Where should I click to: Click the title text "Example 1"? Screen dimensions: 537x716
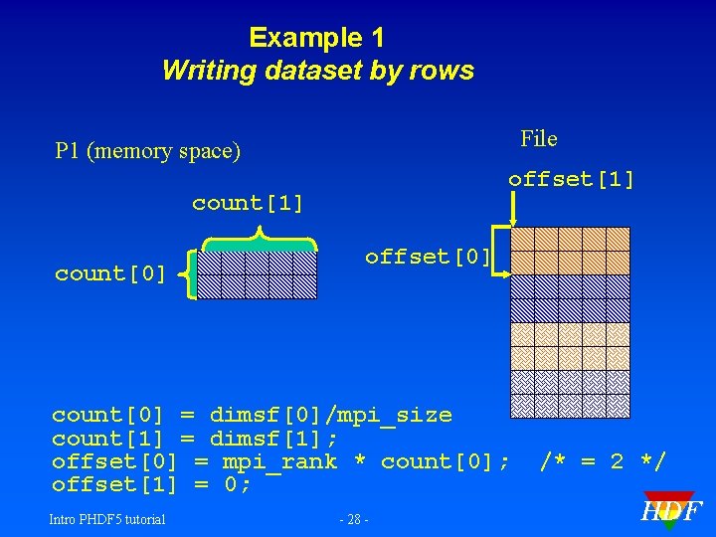tap(316, 38)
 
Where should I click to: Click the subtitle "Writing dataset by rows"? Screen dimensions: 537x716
tap(317, 71)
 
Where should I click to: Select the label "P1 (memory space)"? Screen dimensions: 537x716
tap(148, 151)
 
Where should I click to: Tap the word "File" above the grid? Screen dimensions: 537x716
tap(539, 138)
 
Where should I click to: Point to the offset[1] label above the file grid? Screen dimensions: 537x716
tap(571, 180)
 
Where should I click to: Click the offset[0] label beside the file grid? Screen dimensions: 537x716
tap(428, 257)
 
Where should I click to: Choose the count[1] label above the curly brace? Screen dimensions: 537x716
tap(248, 203)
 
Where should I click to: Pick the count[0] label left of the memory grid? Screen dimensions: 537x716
tap(110, 274)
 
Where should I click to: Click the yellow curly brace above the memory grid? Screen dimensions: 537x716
tap(259, 240)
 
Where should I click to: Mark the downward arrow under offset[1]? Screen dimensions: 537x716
tap(513, 210)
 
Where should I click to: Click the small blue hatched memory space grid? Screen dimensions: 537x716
tap(258, 274)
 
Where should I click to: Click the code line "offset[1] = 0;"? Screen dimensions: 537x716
tap(151, 484)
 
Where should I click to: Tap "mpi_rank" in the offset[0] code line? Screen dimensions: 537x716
tap(279, 461)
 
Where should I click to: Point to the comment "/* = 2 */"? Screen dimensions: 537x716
tap(603, 461)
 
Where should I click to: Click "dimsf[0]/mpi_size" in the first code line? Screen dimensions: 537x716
tap(330, 416)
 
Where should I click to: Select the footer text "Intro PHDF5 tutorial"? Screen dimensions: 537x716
tap(108, 518)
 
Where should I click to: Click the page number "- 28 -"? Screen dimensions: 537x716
tap(355, 519)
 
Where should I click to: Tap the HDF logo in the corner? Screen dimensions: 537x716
tap(671, 510)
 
